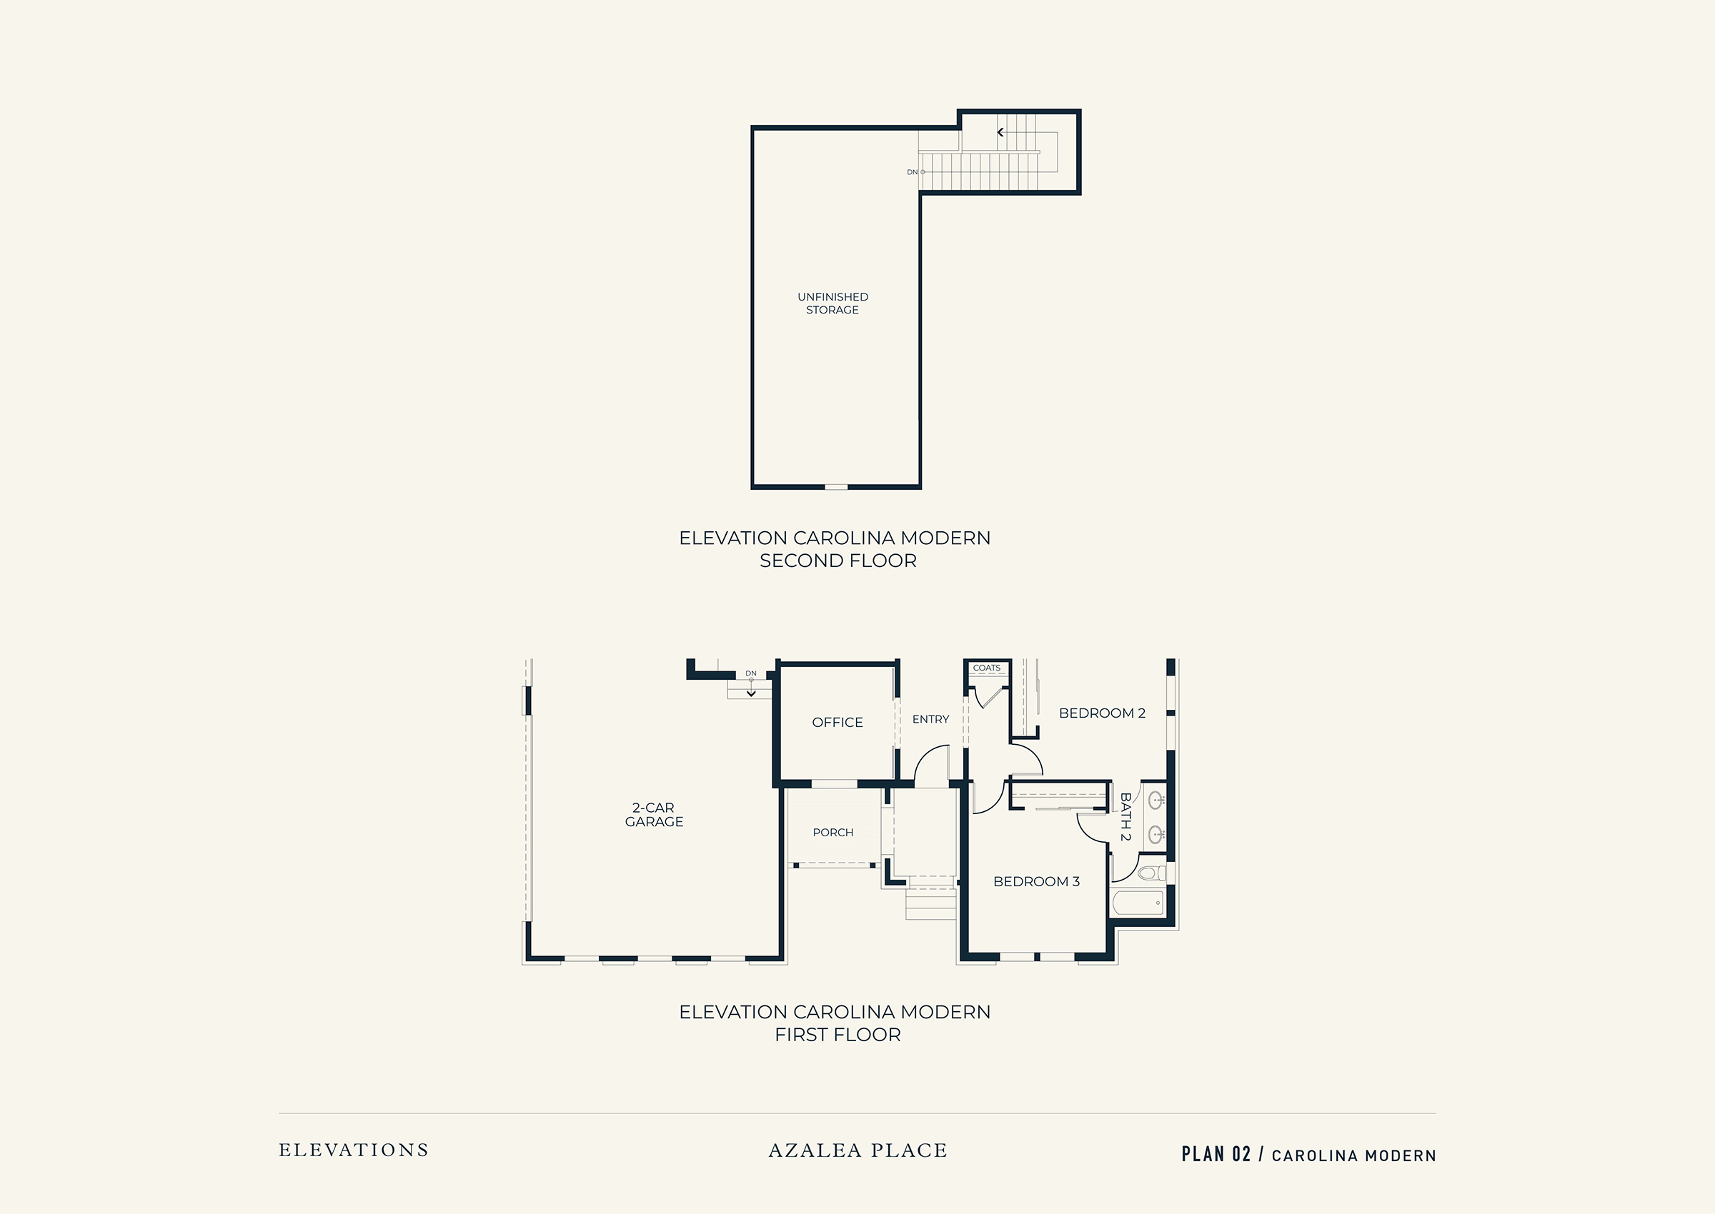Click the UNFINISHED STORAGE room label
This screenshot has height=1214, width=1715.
pos(832,303)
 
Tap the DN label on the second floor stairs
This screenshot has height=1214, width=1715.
pos(912,172)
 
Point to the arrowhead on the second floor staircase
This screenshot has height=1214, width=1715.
pos(1000,132)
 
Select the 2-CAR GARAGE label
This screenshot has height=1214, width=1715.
pos(654,815)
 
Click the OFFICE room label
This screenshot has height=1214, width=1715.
pos(837,722)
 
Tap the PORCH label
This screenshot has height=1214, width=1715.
pos(833,832)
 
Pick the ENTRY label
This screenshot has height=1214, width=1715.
pos(930,719)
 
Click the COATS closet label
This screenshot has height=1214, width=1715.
pos(987,668)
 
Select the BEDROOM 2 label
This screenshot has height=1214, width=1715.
pos(1103,713)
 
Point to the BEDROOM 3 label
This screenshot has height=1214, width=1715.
pos(1037,881)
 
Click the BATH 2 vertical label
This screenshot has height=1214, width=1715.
pos(1125,816)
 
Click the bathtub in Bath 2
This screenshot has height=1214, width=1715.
pos(1138,902)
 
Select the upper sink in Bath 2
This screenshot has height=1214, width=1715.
pos(1155,801)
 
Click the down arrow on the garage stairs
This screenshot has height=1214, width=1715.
pos(751,693)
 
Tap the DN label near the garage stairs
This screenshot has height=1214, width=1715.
pos(751,673)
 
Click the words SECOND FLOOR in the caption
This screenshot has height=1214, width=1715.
pos(837,561)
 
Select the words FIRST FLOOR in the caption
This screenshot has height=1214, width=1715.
pos(837,1035)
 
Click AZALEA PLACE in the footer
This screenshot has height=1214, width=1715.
pos(858,1150)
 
